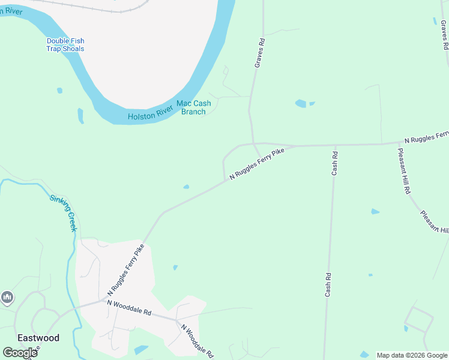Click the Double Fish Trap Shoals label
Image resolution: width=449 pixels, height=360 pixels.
[65, 45]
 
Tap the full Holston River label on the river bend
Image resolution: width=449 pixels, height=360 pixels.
[149, 116]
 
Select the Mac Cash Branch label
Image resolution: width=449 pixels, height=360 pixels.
[193, 107]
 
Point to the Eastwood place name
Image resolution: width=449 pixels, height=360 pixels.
[38, 338]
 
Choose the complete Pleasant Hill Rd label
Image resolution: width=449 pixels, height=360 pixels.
[404, 170]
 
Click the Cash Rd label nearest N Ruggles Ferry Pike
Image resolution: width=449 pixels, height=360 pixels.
[335, 163]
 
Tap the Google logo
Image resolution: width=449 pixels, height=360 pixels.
[20, 353]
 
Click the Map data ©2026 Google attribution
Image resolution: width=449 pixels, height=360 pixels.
[412, 355]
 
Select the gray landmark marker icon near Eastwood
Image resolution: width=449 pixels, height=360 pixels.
[7, 297]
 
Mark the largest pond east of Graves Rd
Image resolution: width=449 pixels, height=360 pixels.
[301, 104]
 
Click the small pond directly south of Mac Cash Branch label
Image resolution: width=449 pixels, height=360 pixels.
[186, 187]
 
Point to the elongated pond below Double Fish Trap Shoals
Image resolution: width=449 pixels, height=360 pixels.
[80, 115]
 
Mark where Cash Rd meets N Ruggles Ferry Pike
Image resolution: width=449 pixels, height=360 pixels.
[335, 145]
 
